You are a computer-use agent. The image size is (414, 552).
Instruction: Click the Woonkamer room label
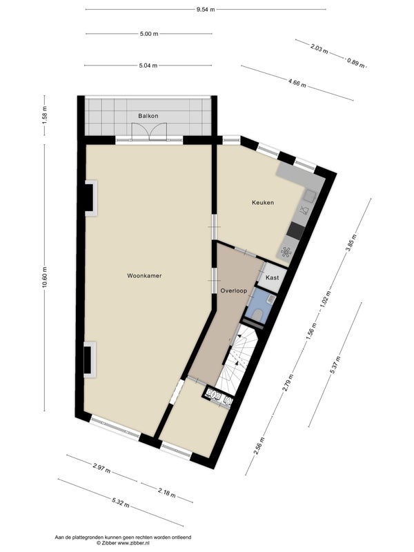tap(144, 275)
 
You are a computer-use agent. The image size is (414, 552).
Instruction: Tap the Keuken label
tap(263, 202)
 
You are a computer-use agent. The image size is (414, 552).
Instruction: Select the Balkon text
tap(148, 116)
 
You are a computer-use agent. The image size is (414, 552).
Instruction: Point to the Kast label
tap(272, 277)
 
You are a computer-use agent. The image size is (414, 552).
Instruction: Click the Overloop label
tap(234, 290)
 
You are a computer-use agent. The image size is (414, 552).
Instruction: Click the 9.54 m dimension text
tap(206, 10)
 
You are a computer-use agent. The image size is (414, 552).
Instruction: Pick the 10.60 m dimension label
tap(44, 277)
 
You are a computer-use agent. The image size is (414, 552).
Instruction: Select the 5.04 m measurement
tap(148, 65)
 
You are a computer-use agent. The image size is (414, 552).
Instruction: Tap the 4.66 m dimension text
tap(297, 83)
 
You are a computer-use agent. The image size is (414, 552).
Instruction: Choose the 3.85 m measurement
tap(351, 243)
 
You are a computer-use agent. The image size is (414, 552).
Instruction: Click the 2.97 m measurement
tap(101, 468)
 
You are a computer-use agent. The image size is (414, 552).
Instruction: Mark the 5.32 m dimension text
tap(121, 502)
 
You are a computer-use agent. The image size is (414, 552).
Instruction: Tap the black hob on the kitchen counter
tap(296, 230)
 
